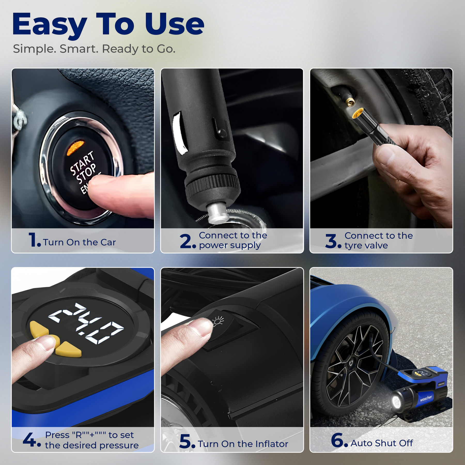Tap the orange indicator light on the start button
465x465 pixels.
click(75, 148)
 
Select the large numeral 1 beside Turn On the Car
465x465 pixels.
click(33, 240)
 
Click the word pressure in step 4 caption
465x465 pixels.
click(119, 445)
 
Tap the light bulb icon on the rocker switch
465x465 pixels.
click(218, 321)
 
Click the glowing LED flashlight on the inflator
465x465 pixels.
click(397, 401)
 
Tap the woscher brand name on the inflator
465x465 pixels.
click(426, 398)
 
